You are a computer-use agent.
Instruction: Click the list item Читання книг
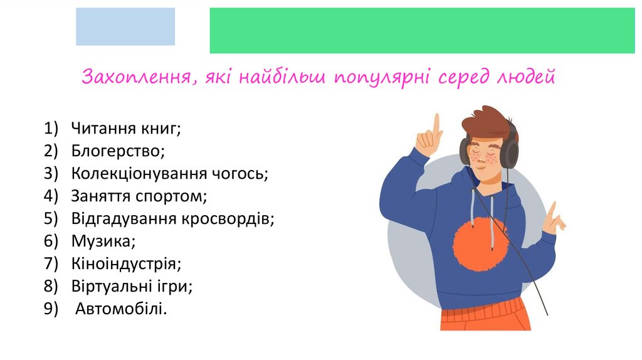125,129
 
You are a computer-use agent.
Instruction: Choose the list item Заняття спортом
139,196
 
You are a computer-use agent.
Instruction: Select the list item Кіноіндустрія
126,263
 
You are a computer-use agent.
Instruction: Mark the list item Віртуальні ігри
131,286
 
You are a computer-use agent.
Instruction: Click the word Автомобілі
122,309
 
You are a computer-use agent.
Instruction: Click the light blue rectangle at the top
125,26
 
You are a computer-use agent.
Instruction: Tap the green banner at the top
422,30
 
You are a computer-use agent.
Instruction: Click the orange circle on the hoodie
480,243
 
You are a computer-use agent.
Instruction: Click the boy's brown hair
486,122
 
